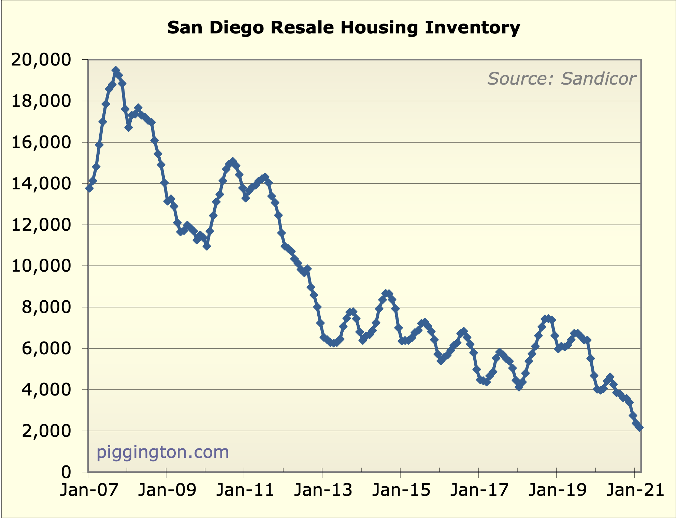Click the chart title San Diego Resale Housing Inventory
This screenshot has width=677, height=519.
344,28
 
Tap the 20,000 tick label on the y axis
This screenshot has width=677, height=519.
41,60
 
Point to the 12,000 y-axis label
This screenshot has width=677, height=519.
41,225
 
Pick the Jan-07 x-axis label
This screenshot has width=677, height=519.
89,490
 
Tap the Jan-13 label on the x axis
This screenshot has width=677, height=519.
323,490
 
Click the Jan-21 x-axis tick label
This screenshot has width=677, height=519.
635,490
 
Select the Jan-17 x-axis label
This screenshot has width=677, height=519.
479,490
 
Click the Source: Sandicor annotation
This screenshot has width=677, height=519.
561,79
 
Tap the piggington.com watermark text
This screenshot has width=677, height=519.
163,452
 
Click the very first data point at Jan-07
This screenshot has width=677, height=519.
89,188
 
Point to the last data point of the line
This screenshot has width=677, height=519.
640,428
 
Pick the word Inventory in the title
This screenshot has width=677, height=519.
473,28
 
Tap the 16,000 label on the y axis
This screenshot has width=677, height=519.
41,143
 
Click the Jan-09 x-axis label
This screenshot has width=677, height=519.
167,490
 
